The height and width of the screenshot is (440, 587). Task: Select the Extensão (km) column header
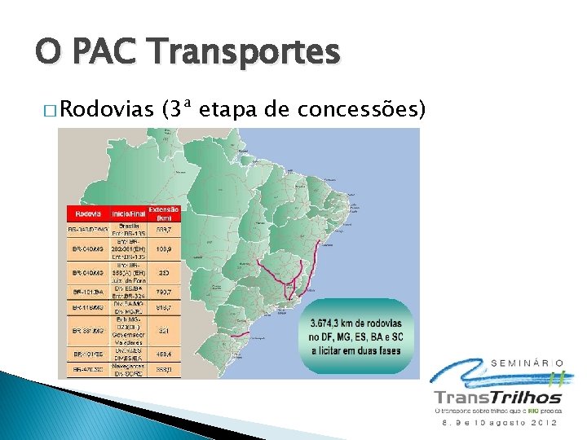point(164,213)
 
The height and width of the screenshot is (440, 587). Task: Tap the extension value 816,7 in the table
point(163,308)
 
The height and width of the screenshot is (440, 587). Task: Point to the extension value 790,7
point(163,291)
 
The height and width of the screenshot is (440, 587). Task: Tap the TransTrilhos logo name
point(497,398)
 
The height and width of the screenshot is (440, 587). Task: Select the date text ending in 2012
point(499,424)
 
